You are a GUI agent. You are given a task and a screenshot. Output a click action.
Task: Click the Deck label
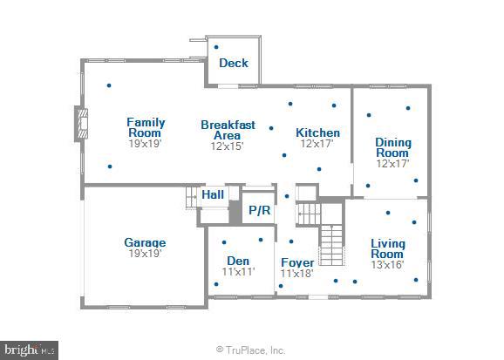233,63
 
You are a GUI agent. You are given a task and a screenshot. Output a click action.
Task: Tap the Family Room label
146,128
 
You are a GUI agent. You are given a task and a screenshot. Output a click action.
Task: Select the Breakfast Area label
228,130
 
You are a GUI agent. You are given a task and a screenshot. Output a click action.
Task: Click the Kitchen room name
317,132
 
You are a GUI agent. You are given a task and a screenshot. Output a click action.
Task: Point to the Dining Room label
392,147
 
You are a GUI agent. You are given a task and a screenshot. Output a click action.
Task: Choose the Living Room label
388,248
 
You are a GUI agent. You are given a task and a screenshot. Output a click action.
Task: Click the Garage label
145,242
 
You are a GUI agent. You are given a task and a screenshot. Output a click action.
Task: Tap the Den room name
238,261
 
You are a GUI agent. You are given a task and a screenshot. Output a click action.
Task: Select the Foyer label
296,262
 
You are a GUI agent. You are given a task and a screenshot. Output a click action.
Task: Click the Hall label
213,195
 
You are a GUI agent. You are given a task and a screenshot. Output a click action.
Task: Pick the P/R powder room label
259,210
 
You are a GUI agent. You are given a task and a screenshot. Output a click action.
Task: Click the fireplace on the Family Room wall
81,124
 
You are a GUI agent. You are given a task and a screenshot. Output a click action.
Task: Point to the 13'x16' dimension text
388,265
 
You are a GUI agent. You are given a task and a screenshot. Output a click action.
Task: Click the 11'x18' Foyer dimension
296,274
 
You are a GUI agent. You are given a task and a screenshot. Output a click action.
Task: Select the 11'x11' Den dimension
238,272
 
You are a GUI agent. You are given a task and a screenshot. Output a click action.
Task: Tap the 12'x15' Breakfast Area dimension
228,146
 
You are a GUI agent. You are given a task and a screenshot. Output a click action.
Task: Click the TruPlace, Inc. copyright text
251,350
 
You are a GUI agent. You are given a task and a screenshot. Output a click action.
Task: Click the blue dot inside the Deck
216,47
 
